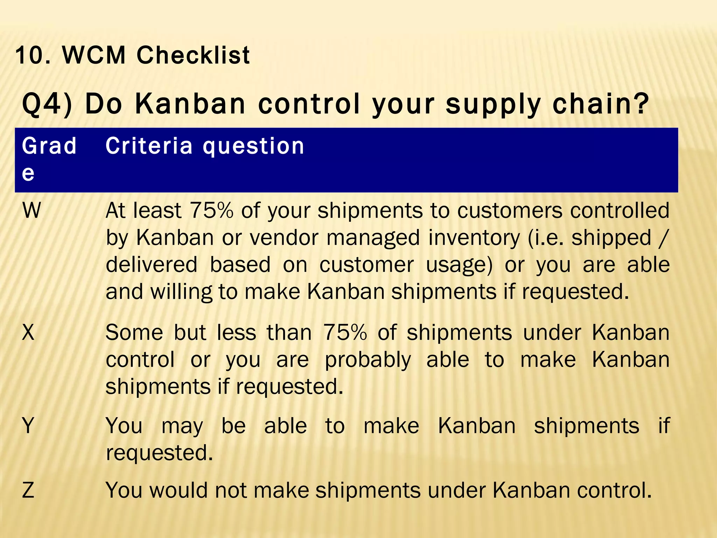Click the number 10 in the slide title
tap(30, 55)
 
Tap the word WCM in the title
tap(93, 55)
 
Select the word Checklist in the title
tap(193, 55)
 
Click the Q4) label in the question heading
tap(47, 104)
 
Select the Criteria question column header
tap(205, 146)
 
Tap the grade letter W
tap(32, 211)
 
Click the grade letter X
tap(28, 332)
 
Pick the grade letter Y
tap(28, 426)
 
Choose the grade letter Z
tap(28, 490)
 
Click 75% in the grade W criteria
tap(211, 211)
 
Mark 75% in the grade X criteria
tap(344, 332)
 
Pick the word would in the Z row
tap(178, 490)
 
